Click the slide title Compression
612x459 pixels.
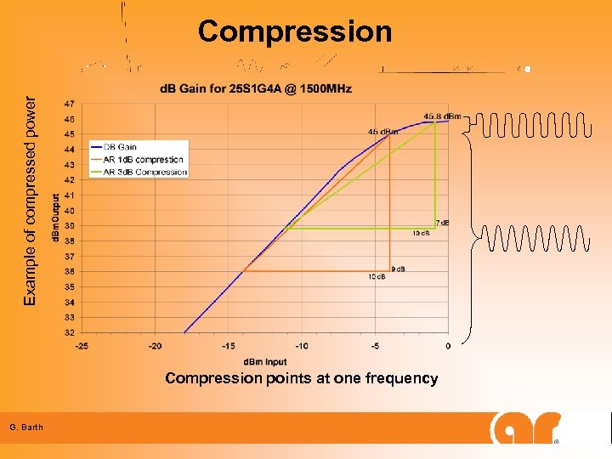click(295, 31)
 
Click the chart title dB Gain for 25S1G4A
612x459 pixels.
click(256, 88)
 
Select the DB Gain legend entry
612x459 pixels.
click(119, 147)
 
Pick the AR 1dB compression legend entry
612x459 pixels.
click(142, 159)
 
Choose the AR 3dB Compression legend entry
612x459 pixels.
click(144, 172)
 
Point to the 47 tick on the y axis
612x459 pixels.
click(69, 103)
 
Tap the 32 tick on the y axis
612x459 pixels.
click(69, 332)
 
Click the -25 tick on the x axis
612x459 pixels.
click(82, 346)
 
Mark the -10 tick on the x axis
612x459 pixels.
click(302, 346)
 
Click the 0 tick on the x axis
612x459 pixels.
click(448, 346)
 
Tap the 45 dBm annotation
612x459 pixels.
click(384, 132)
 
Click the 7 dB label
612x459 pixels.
click(442, 223)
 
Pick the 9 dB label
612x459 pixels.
click(397, 269)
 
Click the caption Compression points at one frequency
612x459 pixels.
click(302, 378)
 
